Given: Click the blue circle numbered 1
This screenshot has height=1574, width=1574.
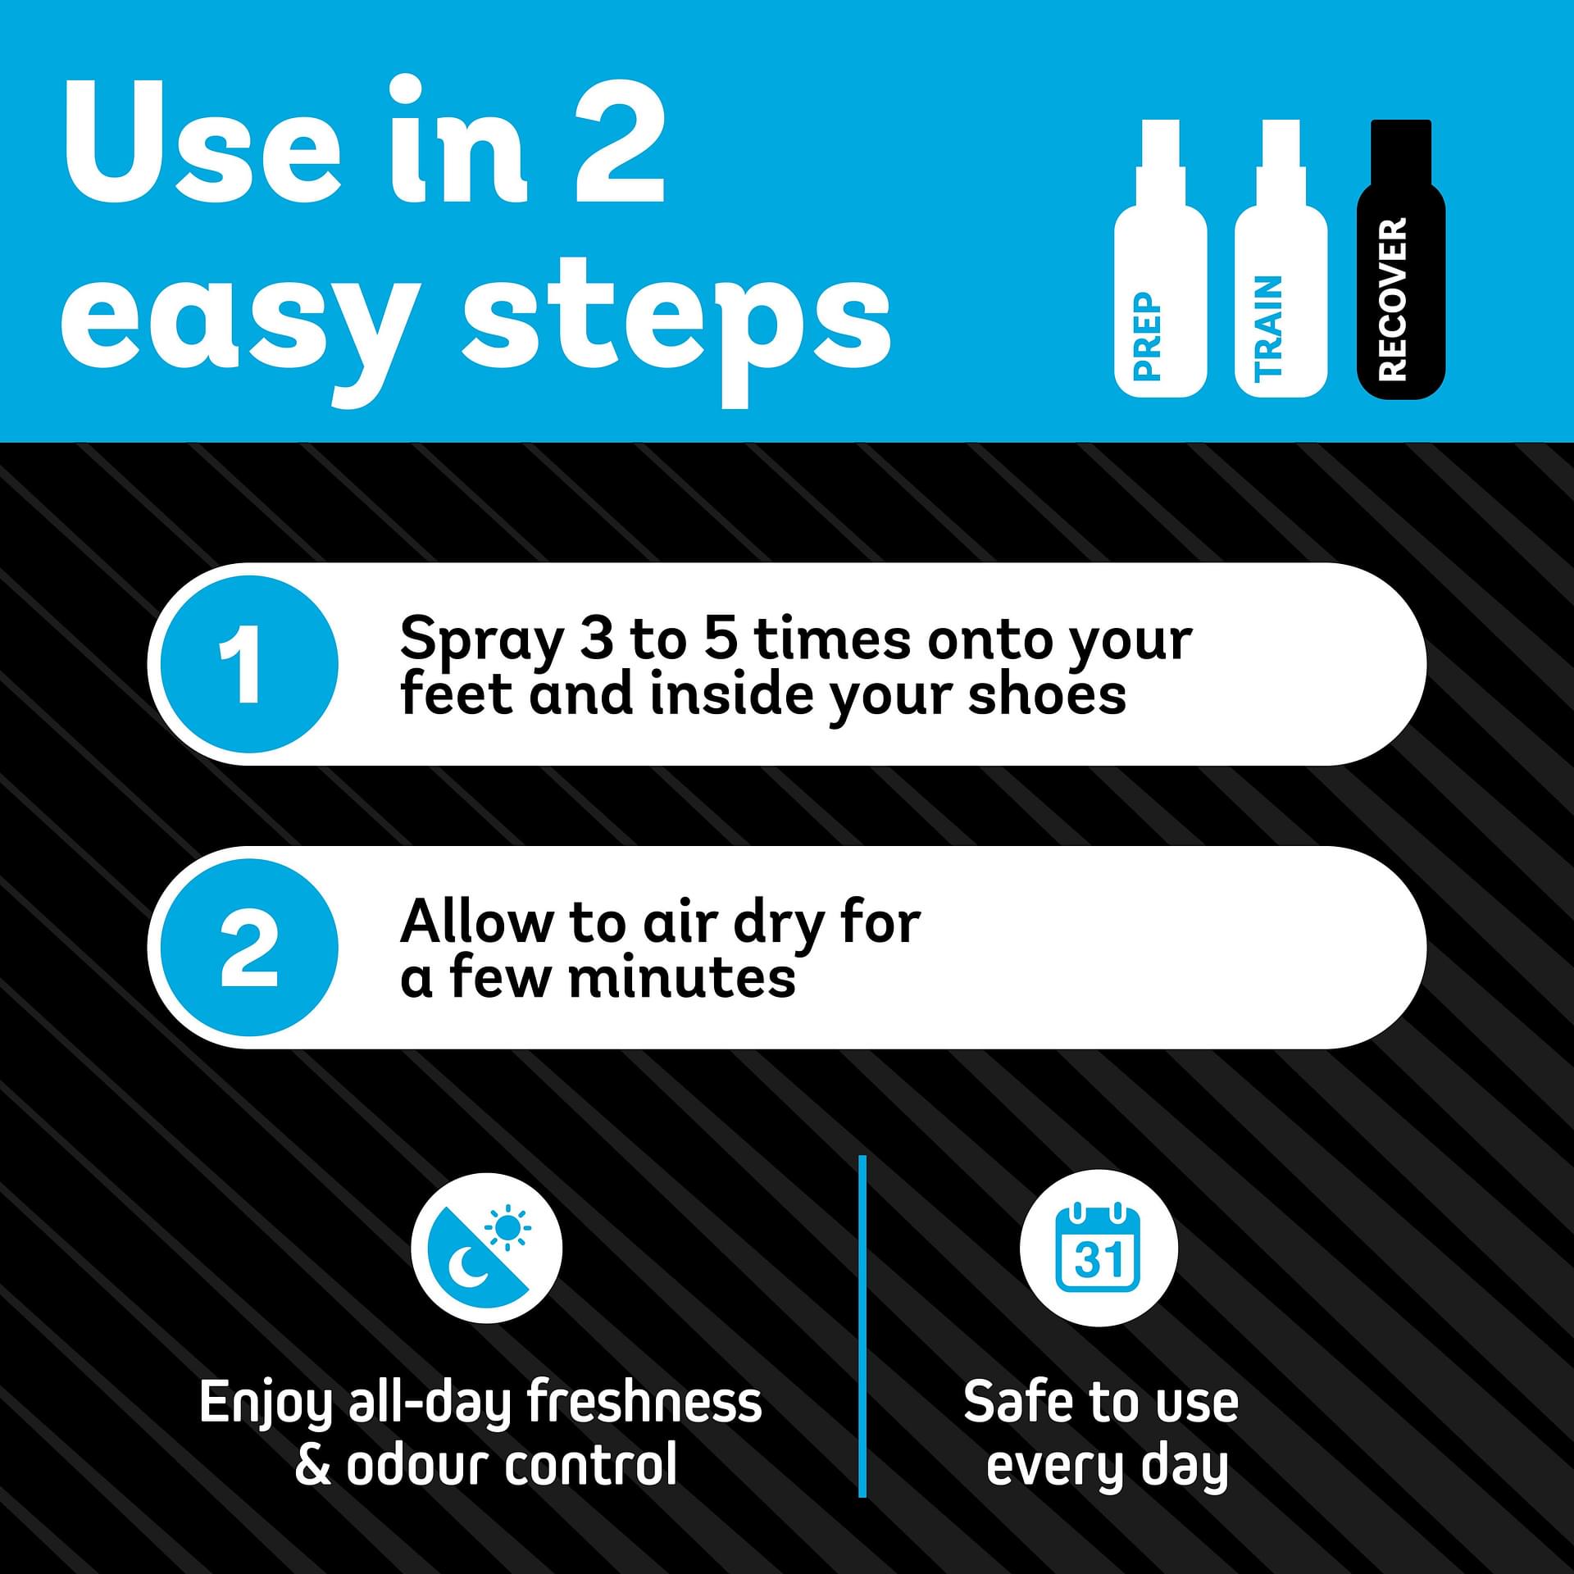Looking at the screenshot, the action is pyautogui.click(x=248, y=663).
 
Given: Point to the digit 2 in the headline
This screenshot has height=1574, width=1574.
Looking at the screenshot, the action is pyautogui.click(x=619, y=141).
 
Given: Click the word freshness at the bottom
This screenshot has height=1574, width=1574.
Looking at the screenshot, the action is pyautogui.click(x=644, y=1402).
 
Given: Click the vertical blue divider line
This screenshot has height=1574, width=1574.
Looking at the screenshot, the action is pyautogui.click(x=862, y=1326).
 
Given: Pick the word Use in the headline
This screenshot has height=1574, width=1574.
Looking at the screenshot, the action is pyautogui.click(x=202, y=141).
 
